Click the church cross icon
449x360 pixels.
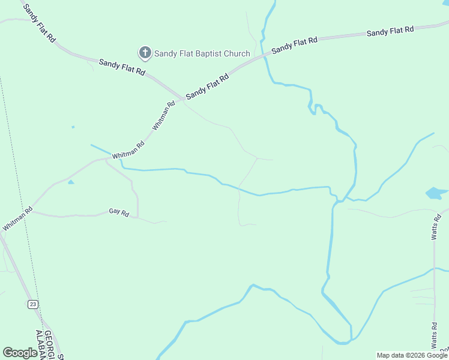(x=145, y=53)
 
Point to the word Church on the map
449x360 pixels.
(x=237, y=54)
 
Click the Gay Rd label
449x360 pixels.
(x=119, y=212)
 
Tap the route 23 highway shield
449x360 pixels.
(x=33, y=305)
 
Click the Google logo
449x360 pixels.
(x=20, y=353)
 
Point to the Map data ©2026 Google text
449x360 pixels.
(x=412, y=355)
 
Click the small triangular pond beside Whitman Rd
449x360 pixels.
(x=71, y=181)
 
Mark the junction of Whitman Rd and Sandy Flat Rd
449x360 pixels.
(x=182, y=98)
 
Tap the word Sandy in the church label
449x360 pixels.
(x=164, y=54)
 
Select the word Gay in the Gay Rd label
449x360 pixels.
(x=115, y=212)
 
